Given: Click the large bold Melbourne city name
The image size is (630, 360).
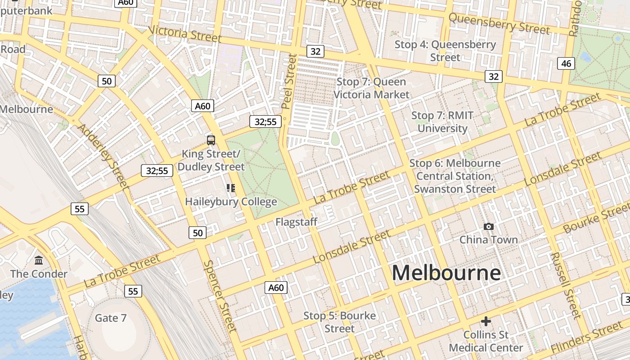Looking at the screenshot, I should pos(446,273).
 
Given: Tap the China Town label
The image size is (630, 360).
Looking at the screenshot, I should pos(488,239).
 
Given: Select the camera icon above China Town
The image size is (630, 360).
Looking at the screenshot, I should pos(488,226).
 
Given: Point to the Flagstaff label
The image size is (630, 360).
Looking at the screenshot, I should pos(297,222).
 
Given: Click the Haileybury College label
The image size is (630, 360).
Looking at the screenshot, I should pos(231,202).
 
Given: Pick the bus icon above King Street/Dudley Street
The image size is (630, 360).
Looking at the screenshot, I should pos(211,140).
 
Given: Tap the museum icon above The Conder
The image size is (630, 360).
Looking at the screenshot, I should pos(39,260).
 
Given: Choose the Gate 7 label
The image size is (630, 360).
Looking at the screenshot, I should pos(111,318).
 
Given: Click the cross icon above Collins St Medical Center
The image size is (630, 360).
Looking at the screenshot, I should pos(486,321).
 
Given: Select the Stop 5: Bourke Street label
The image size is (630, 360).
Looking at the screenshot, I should pos(340,322).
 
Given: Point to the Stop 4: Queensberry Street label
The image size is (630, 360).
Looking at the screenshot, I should pos(445,51).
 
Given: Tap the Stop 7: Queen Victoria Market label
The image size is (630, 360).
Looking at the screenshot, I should pos(371,88).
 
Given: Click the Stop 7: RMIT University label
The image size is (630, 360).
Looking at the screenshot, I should pos(442,122).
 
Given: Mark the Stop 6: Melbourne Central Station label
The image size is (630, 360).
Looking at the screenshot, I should pos(455,176).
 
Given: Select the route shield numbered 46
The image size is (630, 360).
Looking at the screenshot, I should pos(566,63).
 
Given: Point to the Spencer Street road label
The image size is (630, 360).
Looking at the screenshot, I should pos(220,296).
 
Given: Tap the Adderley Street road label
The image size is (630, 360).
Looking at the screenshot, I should pos(103,155).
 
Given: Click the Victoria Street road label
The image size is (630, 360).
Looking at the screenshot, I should pos(184,33).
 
